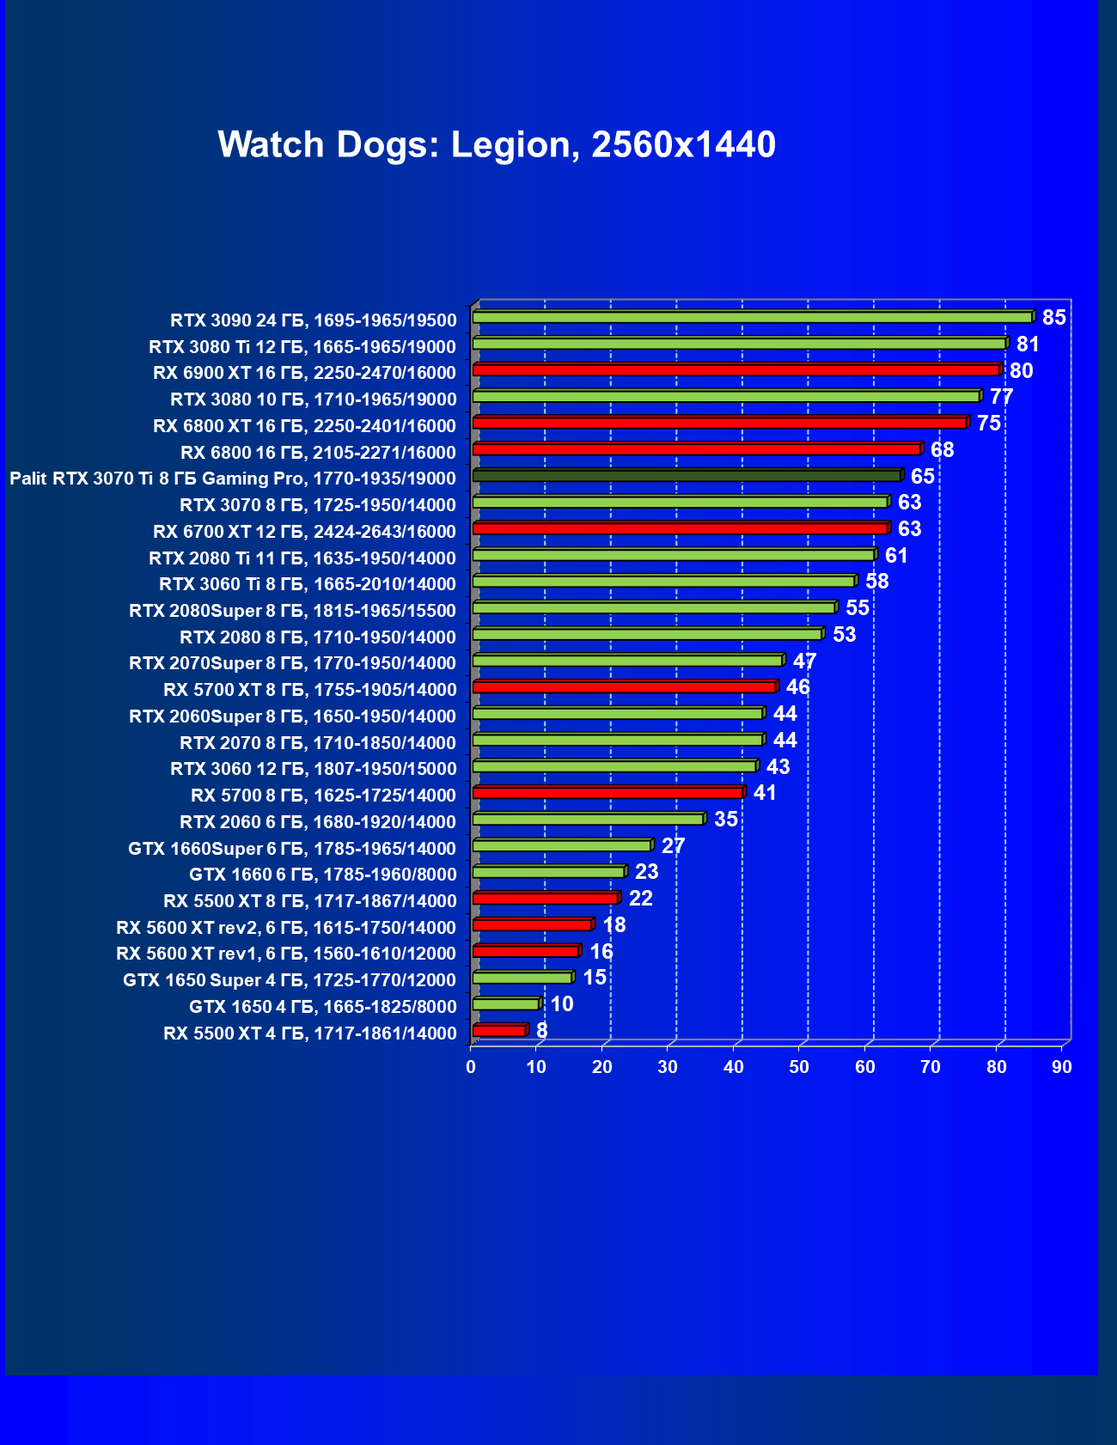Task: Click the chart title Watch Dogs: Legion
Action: coord(497,144)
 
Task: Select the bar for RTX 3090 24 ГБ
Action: coord(752,317)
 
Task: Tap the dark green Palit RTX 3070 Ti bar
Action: coord(687,476)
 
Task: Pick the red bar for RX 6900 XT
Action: coord(736,370)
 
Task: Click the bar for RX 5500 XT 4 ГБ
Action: coord(498,1030)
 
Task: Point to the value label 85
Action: coord(1053,318)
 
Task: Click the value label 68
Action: coord(942,450)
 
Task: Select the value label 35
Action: coord(726,820)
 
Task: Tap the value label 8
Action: coord(541,1030)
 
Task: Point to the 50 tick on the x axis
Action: coord(799,1067)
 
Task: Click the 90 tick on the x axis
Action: coord(1062,1067)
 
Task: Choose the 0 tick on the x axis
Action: coord(471,1067)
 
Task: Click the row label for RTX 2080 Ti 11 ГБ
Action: coord(302,558)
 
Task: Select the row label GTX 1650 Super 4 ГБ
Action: coord(290,980)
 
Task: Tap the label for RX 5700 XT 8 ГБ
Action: coord(310,690)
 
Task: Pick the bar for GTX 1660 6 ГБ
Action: coord(548,872)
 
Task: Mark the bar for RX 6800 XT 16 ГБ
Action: coord(719,423)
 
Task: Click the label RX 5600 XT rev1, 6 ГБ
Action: coord(286,954)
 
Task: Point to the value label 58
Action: coord(876,582)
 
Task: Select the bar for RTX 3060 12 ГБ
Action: coord(614,766)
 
